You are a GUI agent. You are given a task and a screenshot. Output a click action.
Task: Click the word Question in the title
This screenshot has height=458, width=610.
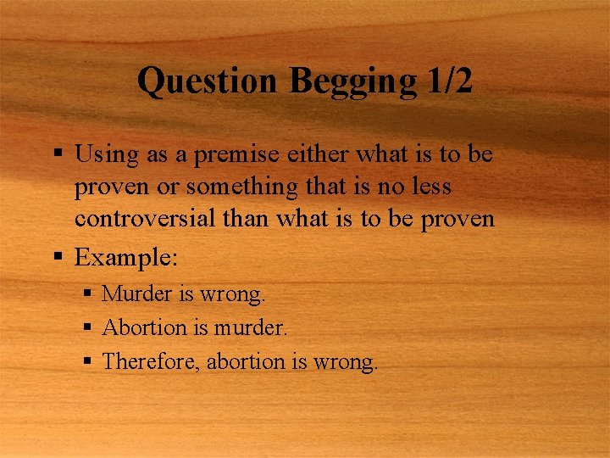coord(208,82)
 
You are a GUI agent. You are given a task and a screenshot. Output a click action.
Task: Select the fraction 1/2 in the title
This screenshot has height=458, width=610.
coord(446,82)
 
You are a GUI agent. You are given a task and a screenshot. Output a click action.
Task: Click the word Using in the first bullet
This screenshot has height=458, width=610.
coord(103,155)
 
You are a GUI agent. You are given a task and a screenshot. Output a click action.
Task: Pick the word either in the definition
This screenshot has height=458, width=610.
coord(319,154)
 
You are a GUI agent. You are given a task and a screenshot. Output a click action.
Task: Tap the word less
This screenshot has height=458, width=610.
coord(429,187)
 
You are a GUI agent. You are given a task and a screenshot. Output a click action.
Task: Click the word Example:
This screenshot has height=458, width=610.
coord(126,257)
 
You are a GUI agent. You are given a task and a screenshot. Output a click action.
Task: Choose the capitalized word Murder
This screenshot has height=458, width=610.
coord(137,294)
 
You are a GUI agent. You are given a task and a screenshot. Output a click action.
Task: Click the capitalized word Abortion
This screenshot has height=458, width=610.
coord(144,327)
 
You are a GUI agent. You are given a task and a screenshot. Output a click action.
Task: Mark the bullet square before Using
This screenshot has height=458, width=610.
coord(58,154)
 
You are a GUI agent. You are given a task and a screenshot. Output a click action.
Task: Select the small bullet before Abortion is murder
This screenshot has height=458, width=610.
coord(88,327)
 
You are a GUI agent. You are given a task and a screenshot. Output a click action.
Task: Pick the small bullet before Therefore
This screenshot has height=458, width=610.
coord(88,361)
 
